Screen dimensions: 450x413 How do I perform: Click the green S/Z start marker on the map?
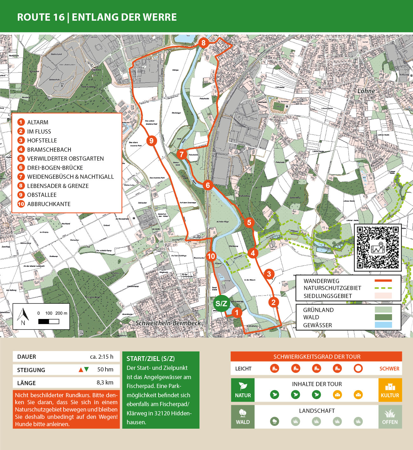[221, 303]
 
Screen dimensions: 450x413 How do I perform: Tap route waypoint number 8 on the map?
[203, 43]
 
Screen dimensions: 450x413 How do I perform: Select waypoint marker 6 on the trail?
[208, 185]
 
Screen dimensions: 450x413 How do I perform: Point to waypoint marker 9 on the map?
[152, 141]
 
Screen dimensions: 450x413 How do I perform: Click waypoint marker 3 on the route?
[269, 274]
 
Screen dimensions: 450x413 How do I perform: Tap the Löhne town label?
[366, 91]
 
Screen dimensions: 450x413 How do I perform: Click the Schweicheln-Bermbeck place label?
[168, 323]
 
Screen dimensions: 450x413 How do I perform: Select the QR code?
[377, 247]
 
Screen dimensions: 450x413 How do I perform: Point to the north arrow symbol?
[23, 316]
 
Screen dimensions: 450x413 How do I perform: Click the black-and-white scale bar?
[49, 322]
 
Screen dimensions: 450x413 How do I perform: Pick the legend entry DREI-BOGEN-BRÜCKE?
[55, 168]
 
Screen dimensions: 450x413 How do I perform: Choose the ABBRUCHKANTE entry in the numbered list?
[49, 204]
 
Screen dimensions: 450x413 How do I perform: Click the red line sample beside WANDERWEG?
[383, 281]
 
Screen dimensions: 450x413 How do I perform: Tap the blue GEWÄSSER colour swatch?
[383, 325]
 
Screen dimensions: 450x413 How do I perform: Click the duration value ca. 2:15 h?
[101, 357]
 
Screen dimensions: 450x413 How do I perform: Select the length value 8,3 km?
[105, 383]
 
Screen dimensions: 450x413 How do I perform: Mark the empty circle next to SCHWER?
[358, 369]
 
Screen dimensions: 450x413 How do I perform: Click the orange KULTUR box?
[390, 390]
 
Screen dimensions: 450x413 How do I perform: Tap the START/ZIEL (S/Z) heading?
[151, 359]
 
